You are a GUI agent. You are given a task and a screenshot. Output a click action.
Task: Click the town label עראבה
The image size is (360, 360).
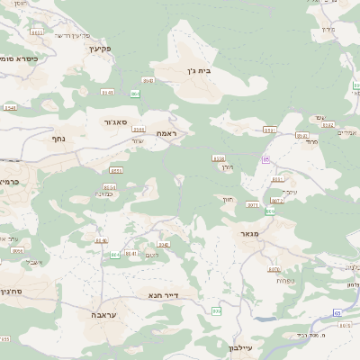(x=101, y=315)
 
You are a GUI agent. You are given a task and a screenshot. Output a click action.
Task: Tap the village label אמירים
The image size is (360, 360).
(x=346, y=133)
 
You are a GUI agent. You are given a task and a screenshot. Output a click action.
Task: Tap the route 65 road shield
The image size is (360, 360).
(x=337, y=312)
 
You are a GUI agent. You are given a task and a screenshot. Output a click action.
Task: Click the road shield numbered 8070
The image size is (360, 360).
(x=274, y=269)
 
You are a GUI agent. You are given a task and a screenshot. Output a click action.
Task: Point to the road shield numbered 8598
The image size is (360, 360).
(x=218, y=158)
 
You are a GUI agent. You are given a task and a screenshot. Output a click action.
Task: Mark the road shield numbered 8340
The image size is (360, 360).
(x=163, y=243)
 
